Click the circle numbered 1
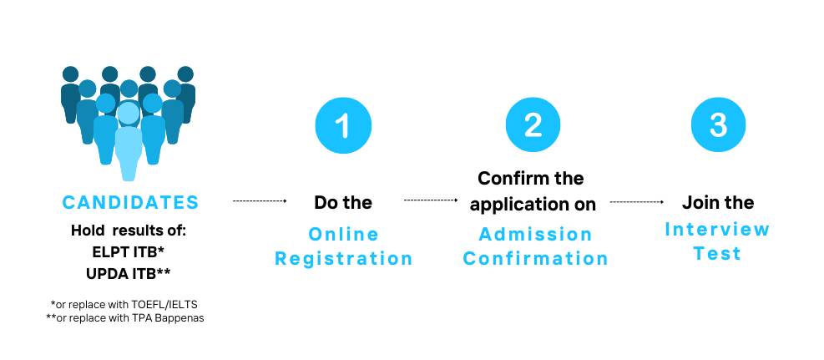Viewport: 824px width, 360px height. pyautogui.click(x=343, y=125)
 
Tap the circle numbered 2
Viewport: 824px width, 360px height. pyautogui.click(x=533, y=125)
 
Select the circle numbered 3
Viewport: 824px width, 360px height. pyautogui.click(x=718, y=125)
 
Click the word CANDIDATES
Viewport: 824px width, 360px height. pyautogui.click(x=130, y=202)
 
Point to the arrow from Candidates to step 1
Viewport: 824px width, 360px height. pyautogui.click(x=260, y=200)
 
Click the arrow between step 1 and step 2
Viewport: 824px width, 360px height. pyautogui.click(x=431, y=200)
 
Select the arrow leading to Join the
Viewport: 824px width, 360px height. pyautogui.click(x=637, y=201)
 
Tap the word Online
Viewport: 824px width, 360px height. pyautogui.click(x=343, y=234)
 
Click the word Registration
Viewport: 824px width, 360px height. pyautogui.click(x=344, y=259)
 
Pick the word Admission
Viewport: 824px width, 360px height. pyautogui.click(x=535, y=234)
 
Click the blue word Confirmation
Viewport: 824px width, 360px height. pyautogui.click(x=535, y=259)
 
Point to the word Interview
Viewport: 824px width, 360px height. pyautogui.click(x=717, y=229)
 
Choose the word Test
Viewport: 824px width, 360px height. pyautogui.click(x=717, y=253)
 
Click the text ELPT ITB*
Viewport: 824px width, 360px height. pyautogui.click(x=129, y=252)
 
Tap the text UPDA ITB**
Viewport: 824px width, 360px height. pyautogui.click(x=129, y=274)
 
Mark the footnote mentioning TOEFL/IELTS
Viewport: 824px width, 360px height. pyautogui.click(x=124, y=304)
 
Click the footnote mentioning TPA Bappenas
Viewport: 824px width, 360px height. pyautogui.click(x=125, y=318)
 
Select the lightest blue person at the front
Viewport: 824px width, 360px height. pyautogui.click(x=129, y=141)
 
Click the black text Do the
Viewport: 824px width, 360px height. pyautogui.click(x=343, y=202)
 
